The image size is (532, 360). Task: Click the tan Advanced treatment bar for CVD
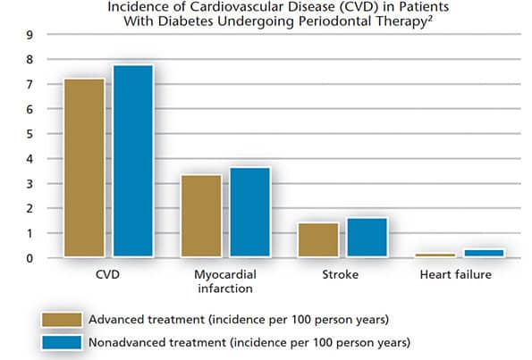84,168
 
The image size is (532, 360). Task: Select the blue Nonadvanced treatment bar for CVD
133,161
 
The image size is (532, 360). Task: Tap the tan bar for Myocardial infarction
201,215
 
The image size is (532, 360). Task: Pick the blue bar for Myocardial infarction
250,212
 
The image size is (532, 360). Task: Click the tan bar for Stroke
318,239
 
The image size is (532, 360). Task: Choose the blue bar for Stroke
367,238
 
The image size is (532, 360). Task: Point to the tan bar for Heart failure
435,255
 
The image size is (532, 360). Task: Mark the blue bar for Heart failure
484,253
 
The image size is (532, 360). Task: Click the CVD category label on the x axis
107,274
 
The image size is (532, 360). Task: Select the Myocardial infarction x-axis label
225,281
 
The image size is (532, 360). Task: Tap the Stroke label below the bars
341,274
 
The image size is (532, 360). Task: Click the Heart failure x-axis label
456,274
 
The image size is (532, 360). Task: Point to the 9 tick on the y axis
30,35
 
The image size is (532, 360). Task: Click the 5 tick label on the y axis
30,134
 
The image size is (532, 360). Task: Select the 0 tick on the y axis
30,259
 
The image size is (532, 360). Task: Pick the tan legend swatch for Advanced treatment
62,320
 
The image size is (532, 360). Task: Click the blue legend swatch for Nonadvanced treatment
62,342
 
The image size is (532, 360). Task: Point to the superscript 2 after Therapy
429,18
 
